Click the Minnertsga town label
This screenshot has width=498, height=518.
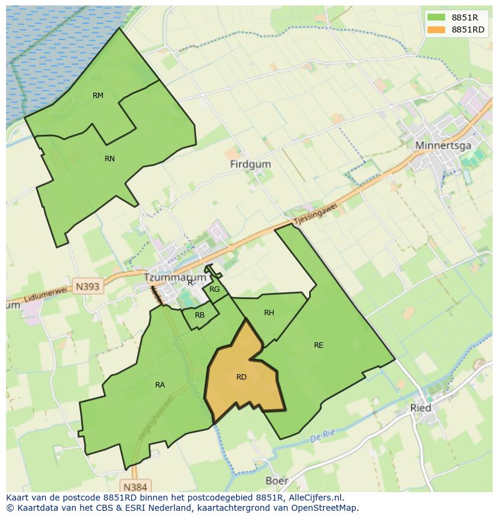[443, 146]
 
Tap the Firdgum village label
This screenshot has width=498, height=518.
[250, 164]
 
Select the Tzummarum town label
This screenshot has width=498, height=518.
[175, 277]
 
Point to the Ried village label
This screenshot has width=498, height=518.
[420, 408]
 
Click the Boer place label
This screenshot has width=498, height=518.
[277, 481]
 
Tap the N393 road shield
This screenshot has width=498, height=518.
[88, 286]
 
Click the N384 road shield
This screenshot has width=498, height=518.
[135, 486]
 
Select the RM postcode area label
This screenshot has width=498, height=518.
[98, 96]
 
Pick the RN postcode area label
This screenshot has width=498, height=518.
[109, 159]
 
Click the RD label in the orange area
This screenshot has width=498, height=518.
[241, 377]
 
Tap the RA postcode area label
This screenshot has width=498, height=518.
[160, 385]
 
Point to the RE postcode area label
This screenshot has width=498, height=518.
[319, 345]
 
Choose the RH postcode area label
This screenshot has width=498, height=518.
[269, 313]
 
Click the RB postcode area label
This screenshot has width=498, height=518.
[200, 315]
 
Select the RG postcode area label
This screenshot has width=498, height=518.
[215, 289]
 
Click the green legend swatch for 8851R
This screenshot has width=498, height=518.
[436, 17]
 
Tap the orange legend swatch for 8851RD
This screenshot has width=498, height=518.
[436, 29]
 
